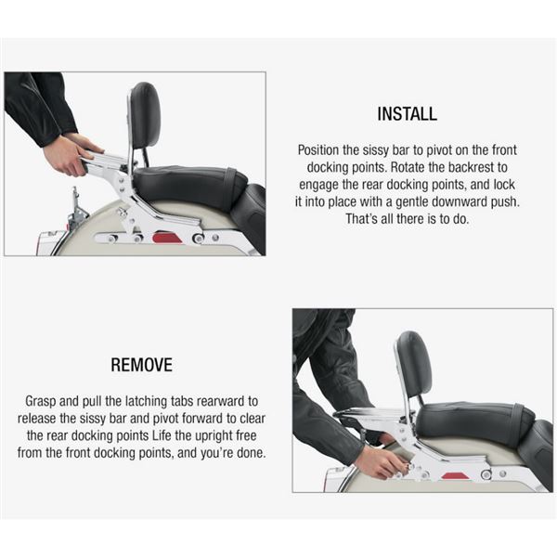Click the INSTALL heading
(x=408, y=114)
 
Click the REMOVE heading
(x=142, y=365)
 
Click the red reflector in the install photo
(x=166, y=238)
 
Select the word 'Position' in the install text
(x=318, y=149)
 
